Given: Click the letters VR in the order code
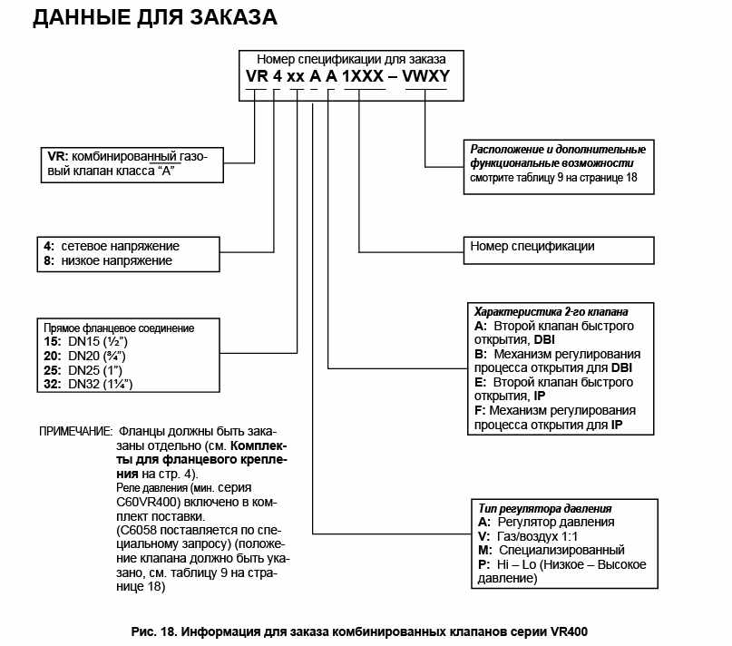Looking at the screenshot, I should (x=257, y=76).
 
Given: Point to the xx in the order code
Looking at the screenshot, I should (x=296, y=76).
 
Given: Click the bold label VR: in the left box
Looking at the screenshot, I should (x=57, y=157).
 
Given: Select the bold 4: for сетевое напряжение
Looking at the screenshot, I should (x=49, y=246).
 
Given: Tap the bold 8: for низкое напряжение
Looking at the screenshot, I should (x=49, y=261).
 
